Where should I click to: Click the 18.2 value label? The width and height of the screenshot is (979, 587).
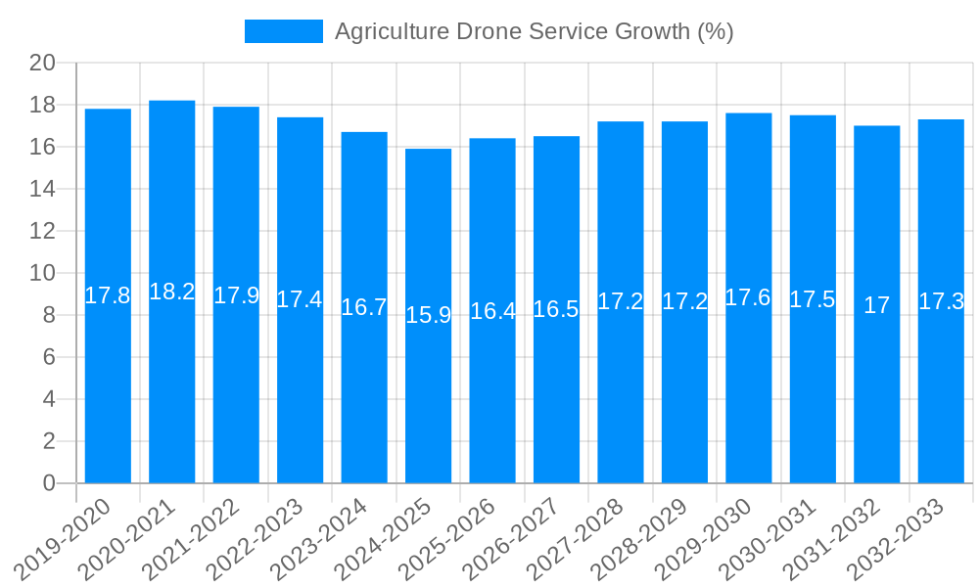[x=172, y=292]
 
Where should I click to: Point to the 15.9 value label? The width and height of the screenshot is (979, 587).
[x=428, y=315]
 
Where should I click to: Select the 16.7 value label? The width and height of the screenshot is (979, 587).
[x=364, y=307]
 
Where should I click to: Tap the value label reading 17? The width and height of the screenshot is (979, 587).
[x=877, y=305]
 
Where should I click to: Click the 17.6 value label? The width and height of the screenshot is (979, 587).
[x=749, y=297]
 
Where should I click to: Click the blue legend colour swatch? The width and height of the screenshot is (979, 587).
[x=283, y=31]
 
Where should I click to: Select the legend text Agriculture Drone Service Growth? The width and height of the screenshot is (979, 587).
[x=534, y=31]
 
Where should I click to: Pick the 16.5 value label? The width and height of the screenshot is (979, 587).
[x=556, y=309]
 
